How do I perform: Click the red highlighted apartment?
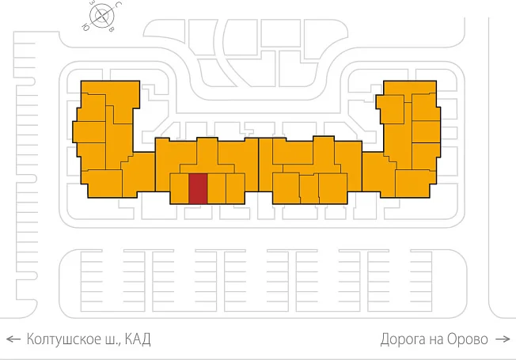[x=198, y=188]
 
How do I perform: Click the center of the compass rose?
[x=102, y=16]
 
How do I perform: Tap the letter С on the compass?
[x=120, y=4]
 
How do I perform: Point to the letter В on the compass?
[x=112, y=29]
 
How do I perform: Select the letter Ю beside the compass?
[x=85, y=28]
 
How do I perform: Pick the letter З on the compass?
[x=92, y=3]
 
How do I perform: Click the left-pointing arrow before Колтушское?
[x=13, y=339]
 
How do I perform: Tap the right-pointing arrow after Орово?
[x=503, y=339]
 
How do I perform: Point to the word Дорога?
[x=403, y=339]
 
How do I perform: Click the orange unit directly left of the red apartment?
[x=180, y=188]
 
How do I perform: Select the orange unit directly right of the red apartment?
[x=217, y=188]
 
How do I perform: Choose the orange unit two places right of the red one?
[x=235, y=188]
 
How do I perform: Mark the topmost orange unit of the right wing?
[x=410, y=88]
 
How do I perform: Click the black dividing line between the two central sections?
[x=259, y=165]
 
